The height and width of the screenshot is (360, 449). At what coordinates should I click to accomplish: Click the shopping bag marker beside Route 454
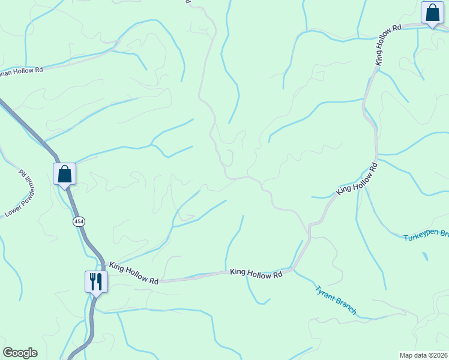tap(64, 175)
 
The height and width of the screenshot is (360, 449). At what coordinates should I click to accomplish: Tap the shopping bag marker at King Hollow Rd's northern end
tap(432, 13)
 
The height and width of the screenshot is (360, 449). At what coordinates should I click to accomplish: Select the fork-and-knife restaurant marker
tap(96, 281)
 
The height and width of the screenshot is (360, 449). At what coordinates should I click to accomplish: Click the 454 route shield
tap(79, 221)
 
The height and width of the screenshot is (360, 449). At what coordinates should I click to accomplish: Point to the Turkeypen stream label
tap(426, 235)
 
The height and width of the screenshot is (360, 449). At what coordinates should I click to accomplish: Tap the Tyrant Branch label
tap(336, 300)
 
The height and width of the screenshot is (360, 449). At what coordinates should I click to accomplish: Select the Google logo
tap(20, 353)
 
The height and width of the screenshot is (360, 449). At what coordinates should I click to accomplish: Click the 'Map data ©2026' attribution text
tap(424, 355)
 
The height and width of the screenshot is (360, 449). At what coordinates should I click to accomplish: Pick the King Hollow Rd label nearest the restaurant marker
tap(134, 273)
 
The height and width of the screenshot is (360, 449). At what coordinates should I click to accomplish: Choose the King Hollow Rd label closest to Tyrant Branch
tap(256, 274)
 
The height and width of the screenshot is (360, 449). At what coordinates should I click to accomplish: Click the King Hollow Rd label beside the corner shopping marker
tap(388, 45)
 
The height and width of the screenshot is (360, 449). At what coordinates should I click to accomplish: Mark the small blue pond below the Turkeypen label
tap(426, 256)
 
